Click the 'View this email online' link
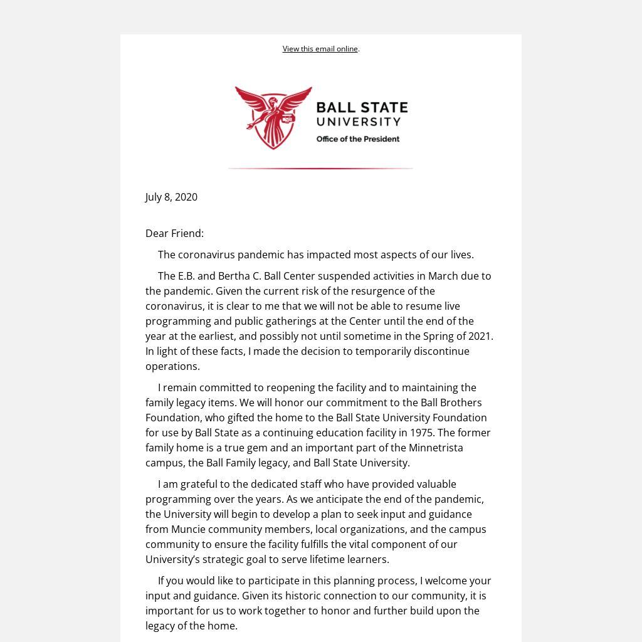coord(320,49)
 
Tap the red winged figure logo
coord(273,118)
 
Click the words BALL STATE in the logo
coord(362,107)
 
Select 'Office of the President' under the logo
coord(357,139)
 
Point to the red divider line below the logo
coord(320,169)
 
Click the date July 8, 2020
coord(171,197)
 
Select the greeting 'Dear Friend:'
coord(174,233)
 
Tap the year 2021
coord(480,336)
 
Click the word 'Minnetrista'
coord(436,448)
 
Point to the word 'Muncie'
coord(188,529)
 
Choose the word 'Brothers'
coord(461,403)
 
